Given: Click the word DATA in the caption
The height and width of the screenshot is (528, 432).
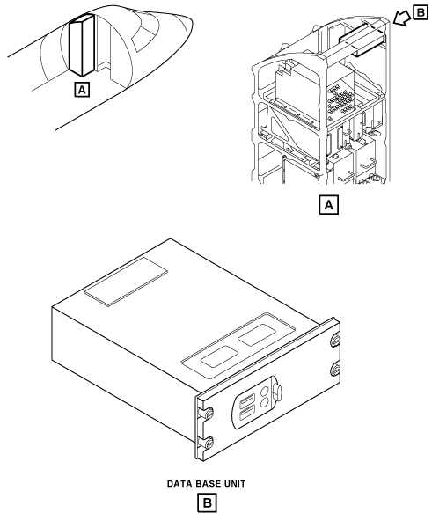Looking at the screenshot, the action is point(178,484).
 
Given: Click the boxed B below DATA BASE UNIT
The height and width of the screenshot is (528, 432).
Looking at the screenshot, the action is point(207,503).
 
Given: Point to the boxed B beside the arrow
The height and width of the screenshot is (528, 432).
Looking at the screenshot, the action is point(421,13).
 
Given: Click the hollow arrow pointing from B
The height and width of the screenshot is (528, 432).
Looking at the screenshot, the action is point(402,18).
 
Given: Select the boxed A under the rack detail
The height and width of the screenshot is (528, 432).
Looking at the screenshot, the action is point(329,205).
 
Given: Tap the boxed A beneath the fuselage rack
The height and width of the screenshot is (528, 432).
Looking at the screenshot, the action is point(82,90).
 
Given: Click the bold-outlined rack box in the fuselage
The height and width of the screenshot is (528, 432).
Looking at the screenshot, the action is point(82,45).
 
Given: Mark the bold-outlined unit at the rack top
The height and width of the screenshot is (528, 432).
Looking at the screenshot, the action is point(362,40).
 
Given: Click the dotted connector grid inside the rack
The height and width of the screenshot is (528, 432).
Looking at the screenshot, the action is point(340,99).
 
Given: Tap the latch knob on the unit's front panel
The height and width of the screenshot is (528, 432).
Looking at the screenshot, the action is point(277,392).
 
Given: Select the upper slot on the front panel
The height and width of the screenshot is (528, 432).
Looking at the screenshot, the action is point(247,401).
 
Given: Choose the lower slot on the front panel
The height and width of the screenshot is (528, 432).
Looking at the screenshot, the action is point(247,414).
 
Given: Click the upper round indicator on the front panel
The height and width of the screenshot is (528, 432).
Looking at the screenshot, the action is point(265,391).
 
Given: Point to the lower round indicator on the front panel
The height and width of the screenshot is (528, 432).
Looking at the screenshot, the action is point(265,402).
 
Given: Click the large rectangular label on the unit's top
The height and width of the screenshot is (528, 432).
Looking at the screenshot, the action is point(126,282).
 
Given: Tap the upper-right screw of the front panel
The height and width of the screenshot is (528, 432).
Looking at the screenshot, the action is point(335,341).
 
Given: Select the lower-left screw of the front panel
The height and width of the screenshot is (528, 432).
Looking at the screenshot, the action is point(209,442).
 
